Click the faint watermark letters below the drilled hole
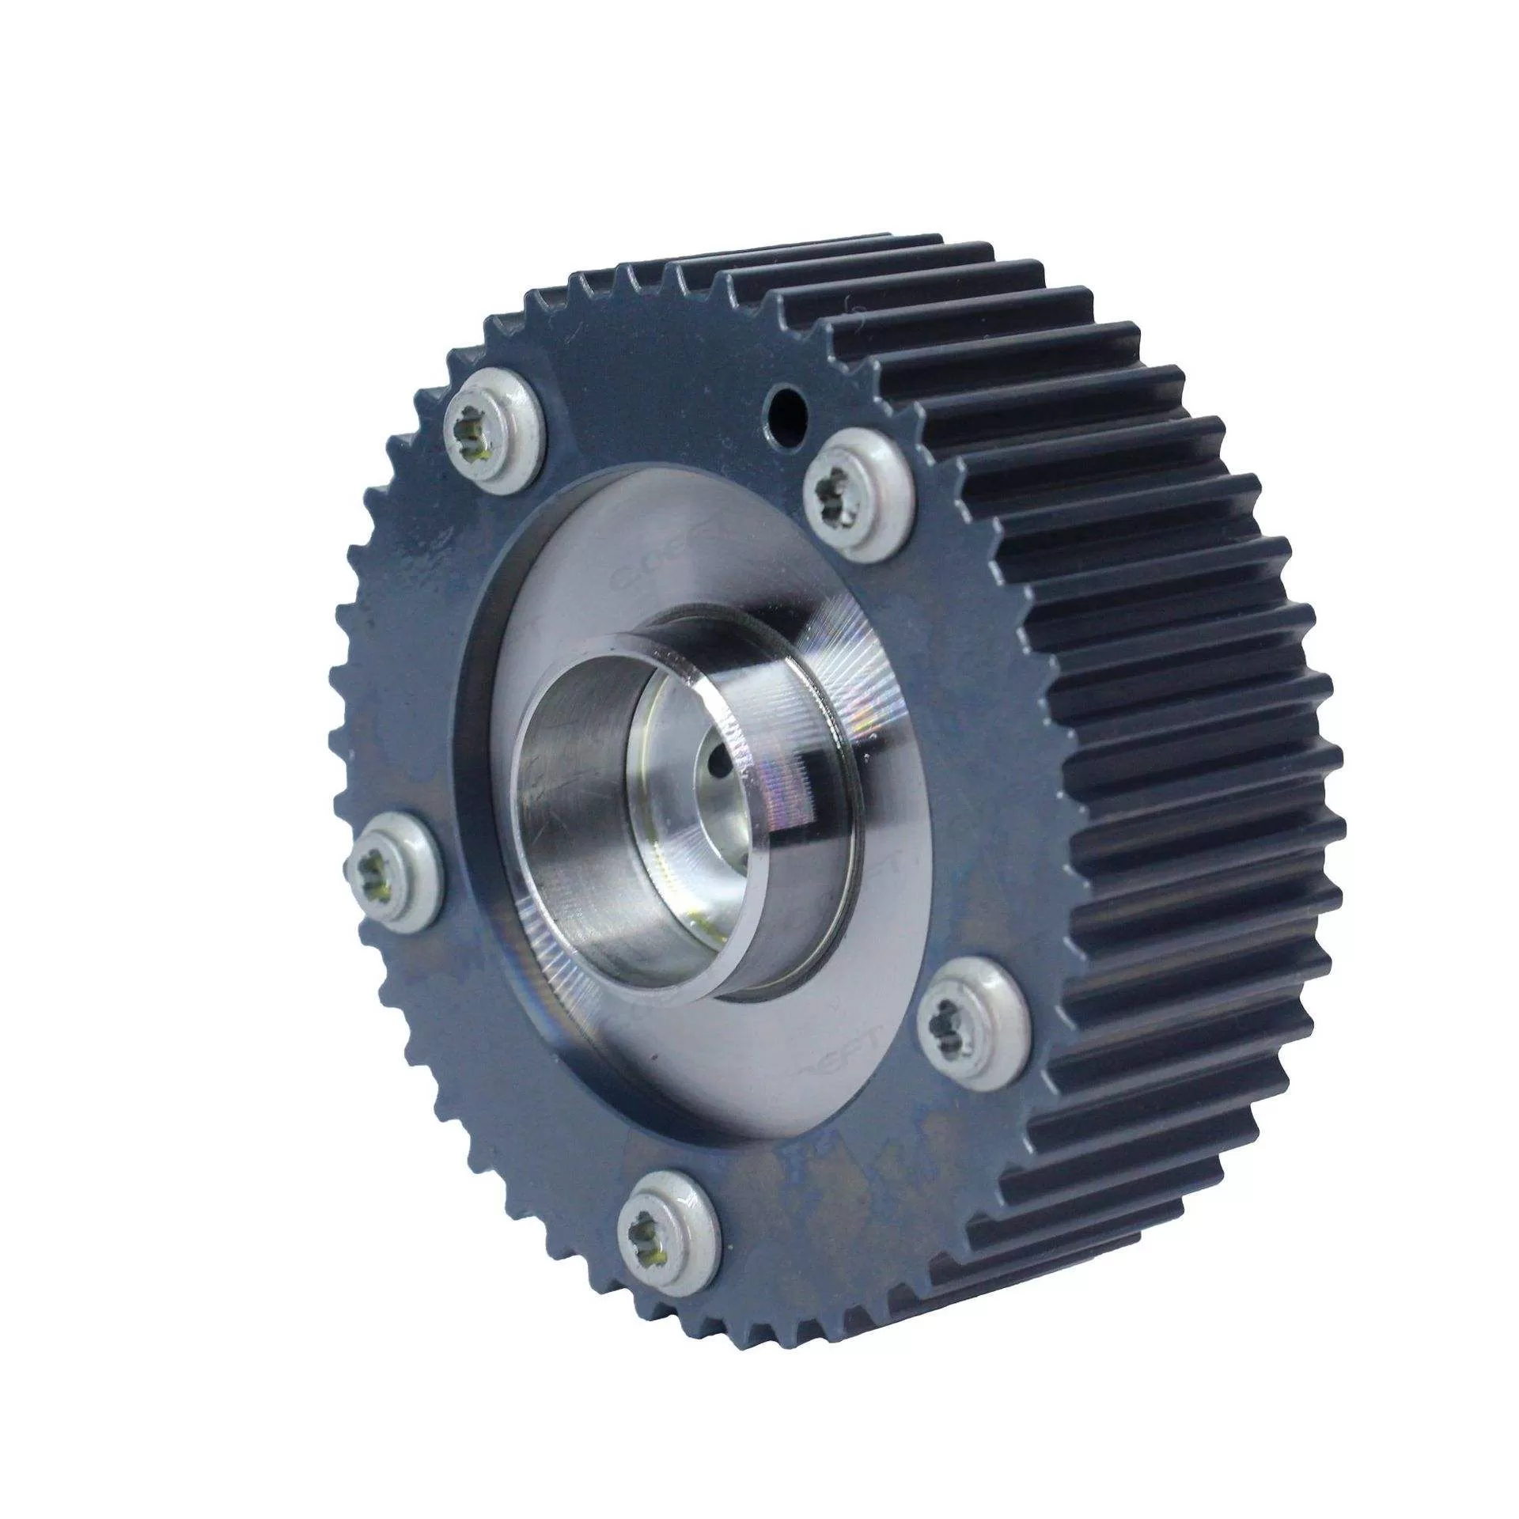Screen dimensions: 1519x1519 coord(641,570)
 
